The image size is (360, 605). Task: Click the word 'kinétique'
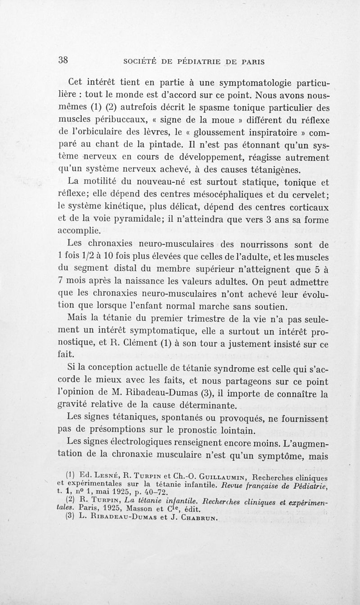click(x=132, y=207)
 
